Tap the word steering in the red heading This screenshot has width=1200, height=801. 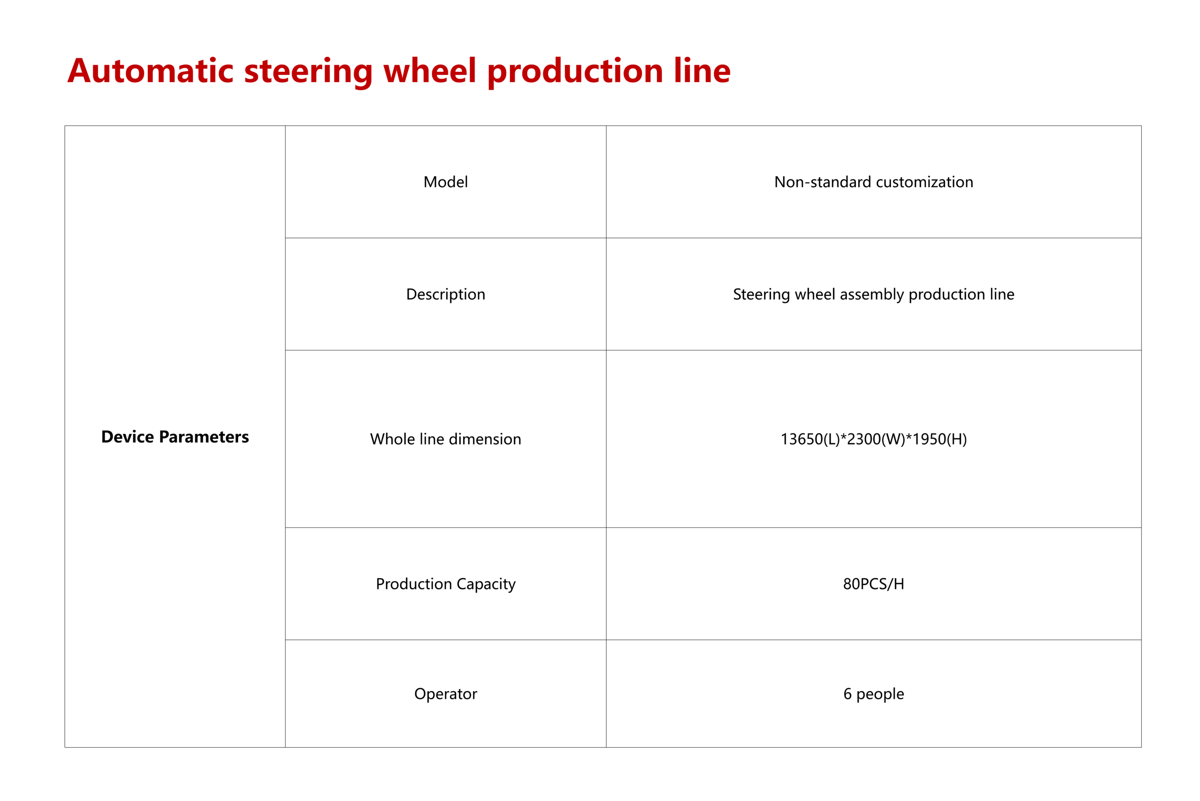point(308,71)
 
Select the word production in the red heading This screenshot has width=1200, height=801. point(575,71)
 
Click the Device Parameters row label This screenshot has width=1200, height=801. point(175,437)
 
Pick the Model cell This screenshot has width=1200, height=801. point(445,182)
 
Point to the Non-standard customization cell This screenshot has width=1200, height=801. point(873,182)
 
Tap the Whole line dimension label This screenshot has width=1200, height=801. point(445,439)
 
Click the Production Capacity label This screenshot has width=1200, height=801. point(445,584)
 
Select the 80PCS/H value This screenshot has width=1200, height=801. point(873,584)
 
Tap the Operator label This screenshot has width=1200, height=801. point(445,694)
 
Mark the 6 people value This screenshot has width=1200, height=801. point(873,694)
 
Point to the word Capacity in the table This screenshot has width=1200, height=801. point(486,584)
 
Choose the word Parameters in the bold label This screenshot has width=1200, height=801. point(204,437)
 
